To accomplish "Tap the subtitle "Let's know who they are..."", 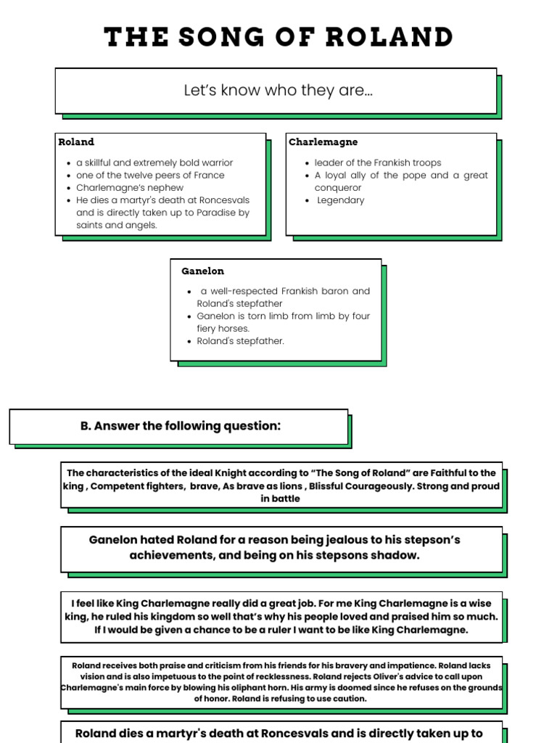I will pos(278,91).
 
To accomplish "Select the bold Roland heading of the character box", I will pos(76,141).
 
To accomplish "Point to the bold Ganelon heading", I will pos(202,271).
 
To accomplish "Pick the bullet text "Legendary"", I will pos(341,200).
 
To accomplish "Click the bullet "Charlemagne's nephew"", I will pos(130,188).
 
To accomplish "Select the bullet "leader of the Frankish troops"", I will pos(377,163).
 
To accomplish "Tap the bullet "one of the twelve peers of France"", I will pos(150,176).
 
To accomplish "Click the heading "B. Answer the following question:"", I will pos(180,426).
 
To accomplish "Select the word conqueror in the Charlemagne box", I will pos(338,188).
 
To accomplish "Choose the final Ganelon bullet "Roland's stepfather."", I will pos(240,341).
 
